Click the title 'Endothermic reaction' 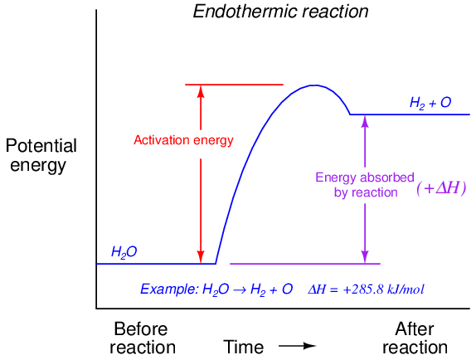pyautogui.click(x=280, y=12)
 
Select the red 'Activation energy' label pyautogui.click(x=183, y=140)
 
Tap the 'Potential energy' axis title pyautogui.click(x=41, y=155)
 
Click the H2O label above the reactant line pyautogui.click(x=124, y=252)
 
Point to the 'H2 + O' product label pyautogui.click(x=430, y=103)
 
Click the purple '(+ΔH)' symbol pyautogui.click(x=441, y=188)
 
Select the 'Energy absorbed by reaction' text pyautogui.click(x=365, y=185)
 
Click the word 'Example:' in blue pyautogui.click(x=169, y=289)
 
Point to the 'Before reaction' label pyautogui.click(x=143, y=338)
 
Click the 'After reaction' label pyautogui.click(x=415, y=338)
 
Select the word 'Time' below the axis pyautogui.click(x=244, y=347)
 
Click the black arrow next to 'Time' pyautogui.click(x=298, y=346)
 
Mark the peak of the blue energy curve pyautogui.click(x=316, y=85)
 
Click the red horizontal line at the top pyautogui.click(x=234, y=85)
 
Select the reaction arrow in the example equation pyautogui.click(x=240, y=289)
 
